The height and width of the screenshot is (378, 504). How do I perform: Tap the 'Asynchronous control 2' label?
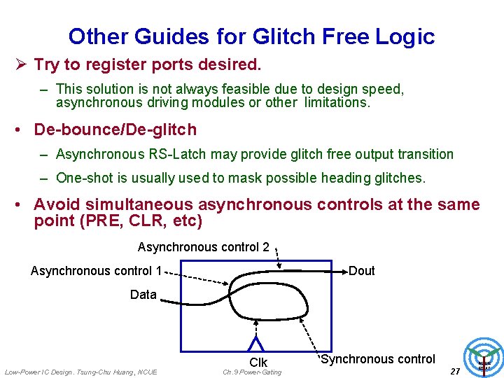click(204, 247)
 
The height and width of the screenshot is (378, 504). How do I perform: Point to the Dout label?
click(362, 271)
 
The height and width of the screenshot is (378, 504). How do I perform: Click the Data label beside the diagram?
click(143, 295)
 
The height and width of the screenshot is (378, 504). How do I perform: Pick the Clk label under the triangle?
click(258, 363)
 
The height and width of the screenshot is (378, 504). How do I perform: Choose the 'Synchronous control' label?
click(378, 359)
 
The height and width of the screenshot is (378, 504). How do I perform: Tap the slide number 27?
click(455, 371)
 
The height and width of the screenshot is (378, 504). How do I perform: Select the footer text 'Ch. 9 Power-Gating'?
click(252, 372)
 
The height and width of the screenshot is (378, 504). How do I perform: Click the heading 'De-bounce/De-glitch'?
click(115, 129)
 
